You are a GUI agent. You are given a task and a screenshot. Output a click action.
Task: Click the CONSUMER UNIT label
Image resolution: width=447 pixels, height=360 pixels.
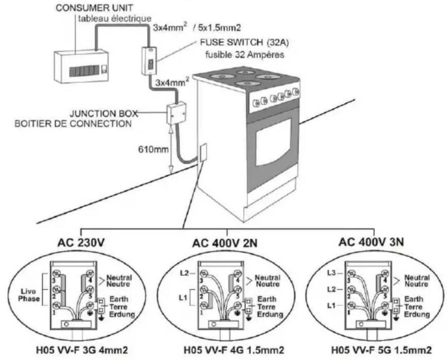pyautogui.click(x=94, y=8)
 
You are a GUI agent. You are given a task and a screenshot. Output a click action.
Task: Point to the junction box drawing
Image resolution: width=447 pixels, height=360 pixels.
pyautogui.click(x=176, y=113)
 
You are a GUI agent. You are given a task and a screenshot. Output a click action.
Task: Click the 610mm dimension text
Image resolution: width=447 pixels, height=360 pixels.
pyautogui.click(x=153, y=149)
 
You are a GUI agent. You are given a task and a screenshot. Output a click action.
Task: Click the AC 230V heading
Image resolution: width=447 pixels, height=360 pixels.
pyautogui.click(x=81, y=243)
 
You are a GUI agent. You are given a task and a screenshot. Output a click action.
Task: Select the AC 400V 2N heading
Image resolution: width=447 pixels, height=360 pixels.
pyautogui.click(x=225, y=243)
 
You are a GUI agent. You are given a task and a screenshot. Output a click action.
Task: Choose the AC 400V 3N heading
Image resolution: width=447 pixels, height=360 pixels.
pyautogui.click(x=371, y=242)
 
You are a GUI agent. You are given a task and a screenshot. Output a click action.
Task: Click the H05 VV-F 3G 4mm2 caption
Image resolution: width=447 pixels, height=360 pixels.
pyautogui.click(x=82, y=350)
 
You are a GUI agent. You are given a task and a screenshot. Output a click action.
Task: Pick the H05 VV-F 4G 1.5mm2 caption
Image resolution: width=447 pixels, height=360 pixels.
pyautogui.click(x=234, y=350)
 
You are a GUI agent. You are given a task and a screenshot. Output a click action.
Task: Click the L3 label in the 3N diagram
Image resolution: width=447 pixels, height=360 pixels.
pyautogui.click(x=331, y=273)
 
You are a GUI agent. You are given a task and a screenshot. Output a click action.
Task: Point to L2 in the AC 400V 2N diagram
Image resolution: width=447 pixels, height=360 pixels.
pyautogui.click(x=185, y=273)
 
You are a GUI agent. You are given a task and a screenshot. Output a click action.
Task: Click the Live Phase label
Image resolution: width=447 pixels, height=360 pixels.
pyautogui.click(x=29, y=295)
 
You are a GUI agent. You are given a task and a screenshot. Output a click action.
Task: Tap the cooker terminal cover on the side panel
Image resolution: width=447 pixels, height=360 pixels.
pyautogui.click(x=203, y=153)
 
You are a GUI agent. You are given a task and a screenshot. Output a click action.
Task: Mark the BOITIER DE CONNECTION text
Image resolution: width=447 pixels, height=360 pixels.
pyautogui.click(x=73, y=124)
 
